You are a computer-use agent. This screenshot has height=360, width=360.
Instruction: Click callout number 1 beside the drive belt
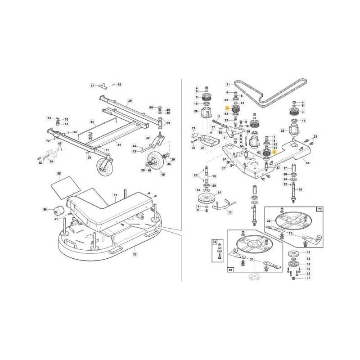(x=228, y=84)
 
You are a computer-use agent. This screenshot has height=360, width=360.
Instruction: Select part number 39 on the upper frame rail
(x=130, y=100)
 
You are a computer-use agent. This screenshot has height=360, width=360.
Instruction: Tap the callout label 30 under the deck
(x=134, y=254)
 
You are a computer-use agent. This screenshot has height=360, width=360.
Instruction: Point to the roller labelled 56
(x=58, y=211)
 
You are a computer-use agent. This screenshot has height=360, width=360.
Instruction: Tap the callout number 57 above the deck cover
(x=116, y=195)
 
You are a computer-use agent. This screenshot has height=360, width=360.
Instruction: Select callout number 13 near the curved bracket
(x=230, y=212)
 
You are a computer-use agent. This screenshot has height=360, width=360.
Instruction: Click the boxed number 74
(x=214, y=242)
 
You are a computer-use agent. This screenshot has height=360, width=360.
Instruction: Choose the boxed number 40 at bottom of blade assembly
(x=231, y=270)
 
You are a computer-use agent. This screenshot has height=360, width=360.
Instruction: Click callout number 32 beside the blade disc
(x=268, y=221)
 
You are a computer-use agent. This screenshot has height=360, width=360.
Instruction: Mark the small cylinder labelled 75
(x=194, y=135)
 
